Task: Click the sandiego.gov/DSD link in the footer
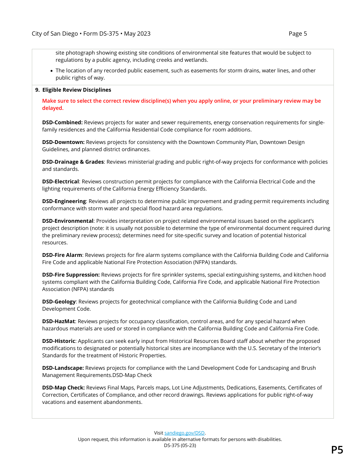click(185, 433)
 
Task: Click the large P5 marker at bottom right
click(337, 450)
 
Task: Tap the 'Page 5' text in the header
click(297, 34)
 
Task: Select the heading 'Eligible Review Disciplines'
click(77, 90)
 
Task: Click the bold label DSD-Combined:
click(62, 123)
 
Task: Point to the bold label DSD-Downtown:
click(63, 142)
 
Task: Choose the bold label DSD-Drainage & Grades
click(73, 162)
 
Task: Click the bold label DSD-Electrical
click(60, 182)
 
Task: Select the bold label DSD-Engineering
click(64, 202)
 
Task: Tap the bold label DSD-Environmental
click(67, 221)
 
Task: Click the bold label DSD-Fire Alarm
click(62, 255)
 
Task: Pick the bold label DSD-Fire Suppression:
click(71, 275)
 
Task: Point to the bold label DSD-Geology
click(59, 302)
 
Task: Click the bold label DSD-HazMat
click(58, 322)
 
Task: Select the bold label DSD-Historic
click(58, 341)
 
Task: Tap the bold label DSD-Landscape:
click(63, 368)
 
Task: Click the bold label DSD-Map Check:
click(63, 388)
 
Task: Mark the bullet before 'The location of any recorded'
click(52, 71)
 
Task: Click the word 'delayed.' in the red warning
click(53, 108)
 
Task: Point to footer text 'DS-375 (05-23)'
click(180, 446)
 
